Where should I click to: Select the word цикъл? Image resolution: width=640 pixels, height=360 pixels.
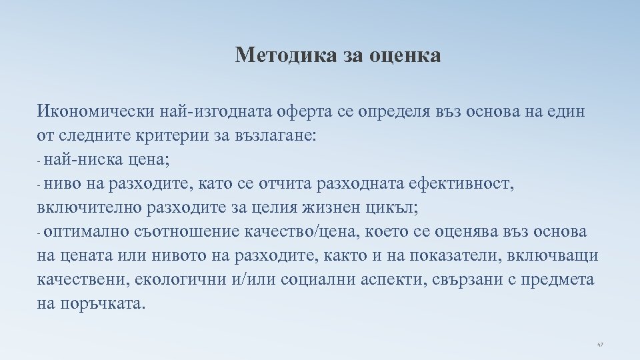[393, 207]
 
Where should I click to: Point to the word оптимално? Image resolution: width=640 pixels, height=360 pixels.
[89, 231]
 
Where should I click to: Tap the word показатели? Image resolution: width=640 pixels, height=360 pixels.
[467, 255]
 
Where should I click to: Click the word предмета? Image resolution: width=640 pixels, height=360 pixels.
[559, 279]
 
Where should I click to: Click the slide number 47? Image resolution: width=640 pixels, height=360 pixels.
[599, 345]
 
